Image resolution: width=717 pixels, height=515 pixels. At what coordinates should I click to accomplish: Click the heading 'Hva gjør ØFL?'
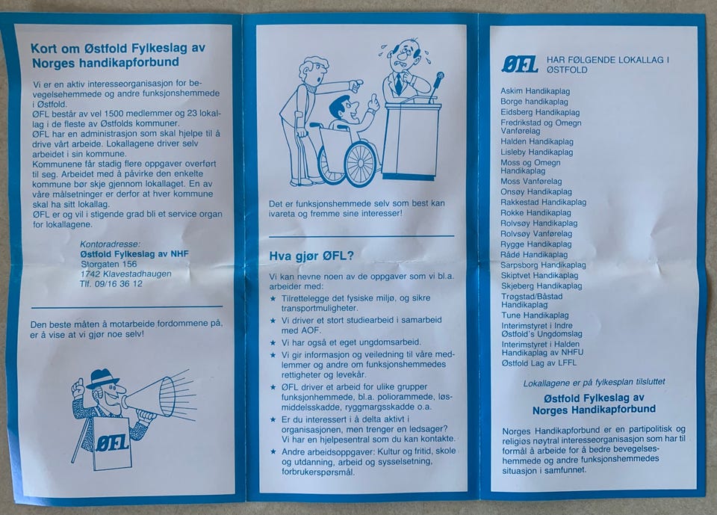pos(311,256)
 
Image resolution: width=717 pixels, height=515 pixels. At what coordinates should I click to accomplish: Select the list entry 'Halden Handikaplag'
pos(537,142)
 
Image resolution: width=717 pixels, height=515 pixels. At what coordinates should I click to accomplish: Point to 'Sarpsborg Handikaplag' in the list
pos(543,265)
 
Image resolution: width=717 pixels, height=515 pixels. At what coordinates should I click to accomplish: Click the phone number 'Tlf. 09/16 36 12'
pos(111,284)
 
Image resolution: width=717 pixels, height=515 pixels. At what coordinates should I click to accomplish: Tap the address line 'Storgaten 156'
pos(109,264)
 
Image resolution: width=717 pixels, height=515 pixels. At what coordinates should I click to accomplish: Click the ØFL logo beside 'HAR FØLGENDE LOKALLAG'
pos(520,64)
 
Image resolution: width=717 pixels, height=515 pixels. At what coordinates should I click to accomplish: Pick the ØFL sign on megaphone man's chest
pos(112,443)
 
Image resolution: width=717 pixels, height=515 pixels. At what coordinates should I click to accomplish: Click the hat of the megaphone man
pos(102,380)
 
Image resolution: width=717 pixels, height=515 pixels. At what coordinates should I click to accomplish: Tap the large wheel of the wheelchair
pos(361,164)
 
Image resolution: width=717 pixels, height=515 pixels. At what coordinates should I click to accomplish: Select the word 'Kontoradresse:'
pos(111,244)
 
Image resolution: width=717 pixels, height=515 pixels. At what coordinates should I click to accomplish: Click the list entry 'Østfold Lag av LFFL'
pos(539,363)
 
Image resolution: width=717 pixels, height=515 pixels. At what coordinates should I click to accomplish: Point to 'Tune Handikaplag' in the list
pos(535,315)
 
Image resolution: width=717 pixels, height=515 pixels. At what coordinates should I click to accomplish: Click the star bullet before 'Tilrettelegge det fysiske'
pos(273,298)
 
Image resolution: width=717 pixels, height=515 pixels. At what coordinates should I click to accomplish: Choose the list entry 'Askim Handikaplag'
pos(535,91)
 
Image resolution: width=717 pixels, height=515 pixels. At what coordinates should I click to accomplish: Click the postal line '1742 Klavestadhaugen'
pos(125,274)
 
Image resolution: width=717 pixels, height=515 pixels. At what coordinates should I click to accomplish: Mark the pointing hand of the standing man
pos(356,85)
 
